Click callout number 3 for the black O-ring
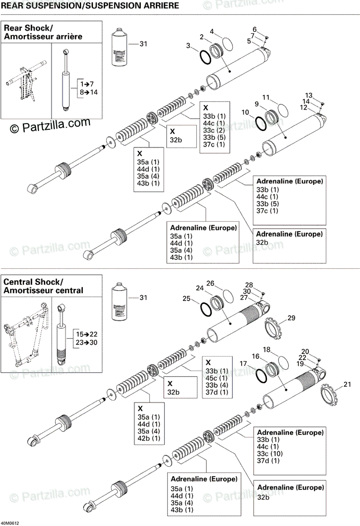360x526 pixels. tap(188, 45)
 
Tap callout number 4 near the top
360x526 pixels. tap(212, 32)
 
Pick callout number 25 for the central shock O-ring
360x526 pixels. tap(186, 299)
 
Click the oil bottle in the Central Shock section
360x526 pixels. tap(121, 302)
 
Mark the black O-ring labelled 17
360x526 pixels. tap(260, 376)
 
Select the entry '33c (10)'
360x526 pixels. tap(271, 453)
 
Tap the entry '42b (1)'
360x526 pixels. tap(149, 438)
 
